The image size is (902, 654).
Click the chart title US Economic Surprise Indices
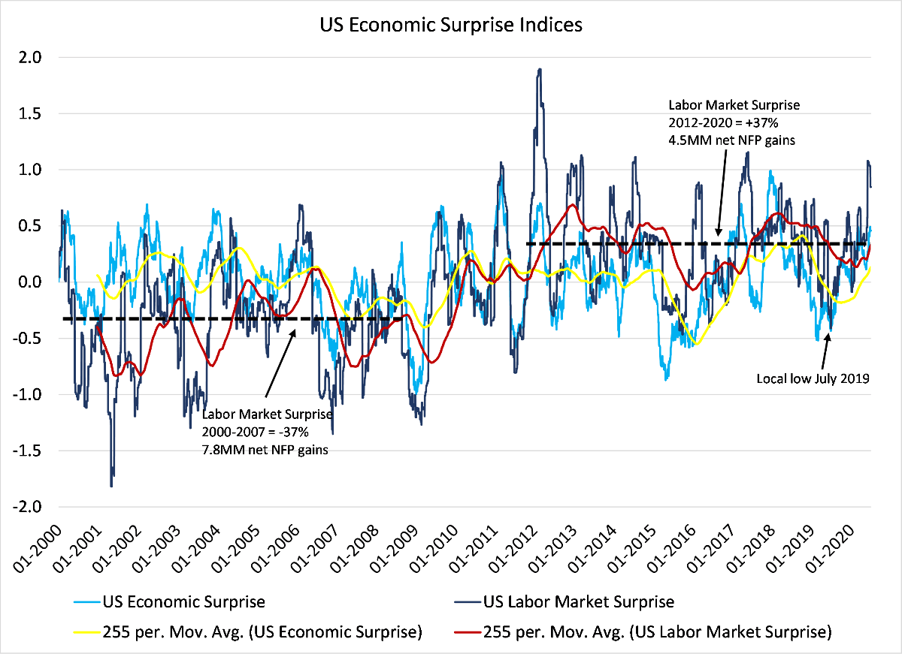[x=451, y=24]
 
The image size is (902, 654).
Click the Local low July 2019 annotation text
[x=813, y=379]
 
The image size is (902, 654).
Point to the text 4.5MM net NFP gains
[x=721, y=140]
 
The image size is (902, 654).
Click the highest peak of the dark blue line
[x=540, y=70]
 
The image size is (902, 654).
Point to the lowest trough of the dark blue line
[x=111, y=486]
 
